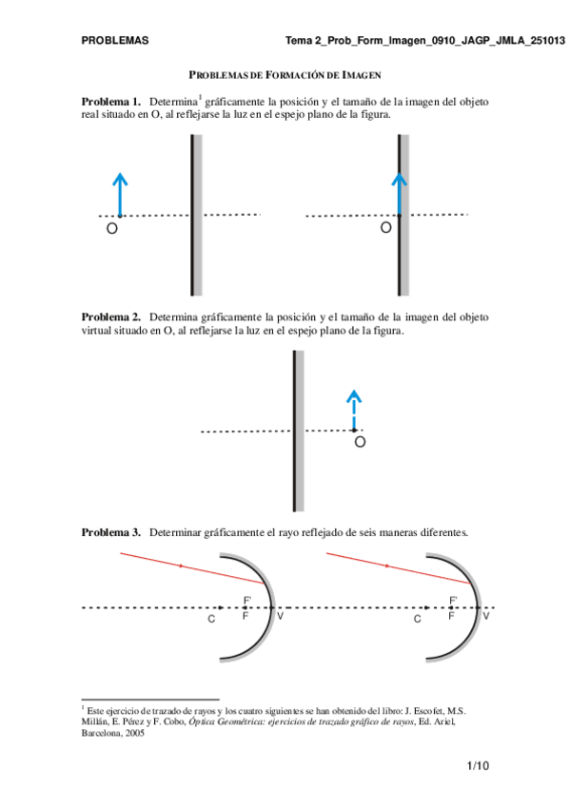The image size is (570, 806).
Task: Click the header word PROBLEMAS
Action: tap(114, 42)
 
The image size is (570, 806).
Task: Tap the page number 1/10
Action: tap(477, 765)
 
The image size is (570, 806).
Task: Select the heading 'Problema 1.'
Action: tap(111, 101)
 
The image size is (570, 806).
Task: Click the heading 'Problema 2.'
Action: tap(111, 317)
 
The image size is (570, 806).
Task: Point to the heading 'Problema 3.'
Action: tap(111, 532)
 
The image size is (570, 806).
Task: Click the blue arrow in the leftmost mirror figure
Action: tap(119, 195)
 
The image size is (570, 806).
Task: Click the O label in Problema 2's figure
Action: tap(360, 442)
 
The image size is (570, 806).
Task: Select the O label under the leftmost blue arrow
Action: tap(111, 229)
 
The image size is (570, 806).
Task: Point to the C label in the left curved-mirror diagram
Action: tap(211, 619)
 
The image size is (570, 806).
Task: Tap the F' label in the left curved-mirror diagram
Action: tap(247, 600)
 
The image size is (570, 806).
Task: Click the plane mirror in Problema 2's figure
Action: tap(298, 431)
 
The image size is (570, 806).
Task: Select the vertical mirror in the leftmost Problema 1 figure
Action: tap(195, 215)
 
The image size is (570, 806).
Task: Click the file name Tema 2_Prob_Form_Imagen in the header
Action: tap(386, 42)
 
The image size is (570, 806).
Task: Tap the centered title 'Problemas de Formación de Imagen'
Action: tap(285, 74)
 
